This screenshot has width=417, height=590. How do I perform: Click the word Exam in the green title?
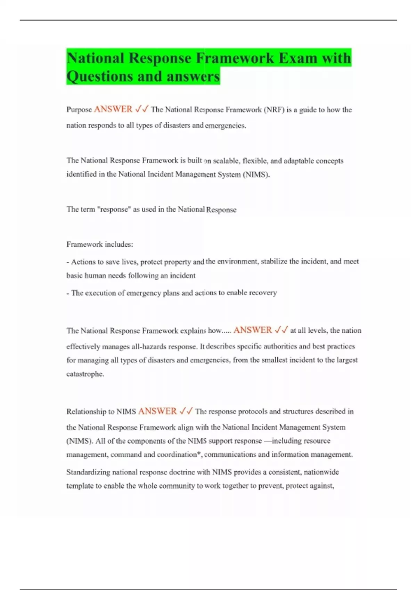(x=298, y=58)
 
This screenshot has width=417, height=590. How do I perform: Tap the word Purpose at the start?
(x=79, y=110)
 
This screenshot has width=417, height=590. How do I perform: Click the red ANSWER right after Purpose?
(x=113, y=109)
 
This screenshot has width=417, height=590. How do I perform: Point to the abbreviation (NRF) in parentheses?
(x=274, y=110)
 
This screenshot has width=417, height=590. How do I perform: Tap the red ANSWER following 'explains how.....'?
(x=253, y=330)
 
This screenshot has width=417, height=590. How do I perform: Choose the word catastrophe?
(x=85, y=374)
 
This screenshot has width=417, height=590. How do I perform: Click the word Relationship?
(x=85, y=412)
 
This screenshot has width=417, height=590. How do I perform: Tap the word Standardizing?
(x=88, y=472)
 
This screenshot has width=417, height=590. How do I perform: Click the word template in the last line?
(x=79, y=486)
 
